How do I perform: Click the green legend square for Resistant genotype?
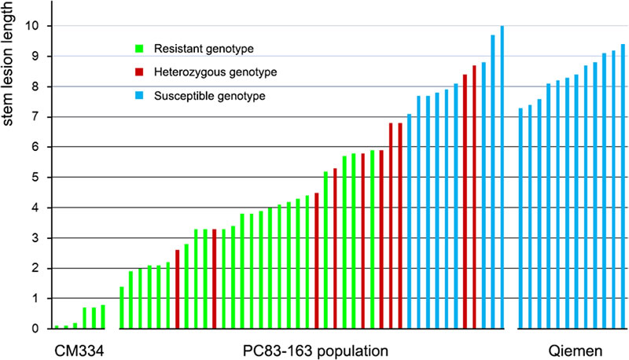click(140, 49)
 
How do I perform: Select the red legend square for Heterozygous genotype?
click(140, 72)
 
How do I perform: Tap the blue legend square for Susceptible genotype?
click(140, 96)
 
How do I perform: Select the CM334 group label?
click(79, 348)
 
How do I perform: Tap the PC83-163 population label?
click(311, 348)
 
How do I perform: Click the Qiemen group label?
click(571, 348)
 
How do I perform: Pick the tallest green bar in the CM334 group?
click(103, 317)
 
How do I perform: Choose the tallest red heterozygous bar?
click(474, 197)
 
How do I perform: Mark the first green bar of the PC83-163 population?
click(122, 307)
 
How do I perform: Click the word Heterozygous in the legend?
click(192, 72)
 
